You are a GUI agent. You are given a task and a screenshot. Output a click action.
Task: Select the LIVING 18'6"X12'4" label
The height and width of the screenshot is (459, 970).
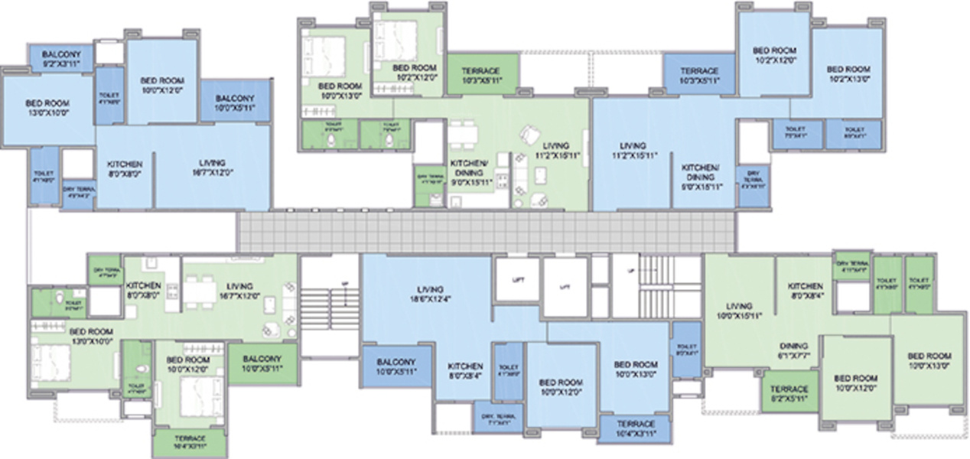[x=429, y=294]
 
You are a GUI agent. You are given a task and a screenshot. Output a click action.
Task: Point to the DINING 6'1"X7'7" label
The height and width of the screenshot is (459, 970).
[x=795, y=350]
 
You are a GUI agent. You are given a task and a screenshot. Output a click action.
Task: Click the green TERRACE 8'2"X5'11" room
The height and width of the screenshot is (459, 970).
[x=789, y=393]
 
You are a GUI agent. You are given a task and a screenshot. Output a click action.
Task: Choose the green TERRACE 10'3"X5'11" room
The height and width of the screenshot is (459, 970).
[x=481, y=75]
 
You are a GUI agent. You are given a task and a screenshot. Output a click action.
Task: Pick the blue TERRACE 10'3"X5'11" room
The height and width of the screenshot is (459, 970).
[x=699, y=75]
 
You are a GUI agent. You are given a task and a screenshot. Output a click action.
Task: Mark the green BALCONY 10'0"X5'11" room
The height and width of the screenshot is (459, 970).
[x=262, y=363]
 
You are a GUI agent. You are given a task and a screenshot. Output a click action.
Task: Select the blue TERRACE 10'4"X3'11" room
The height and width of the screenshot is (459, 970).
[x=636, y=428]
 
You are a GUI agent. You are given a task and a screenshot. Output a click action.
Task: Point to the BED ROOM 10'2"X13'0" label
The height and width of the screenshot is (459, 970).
[x=848, y=73]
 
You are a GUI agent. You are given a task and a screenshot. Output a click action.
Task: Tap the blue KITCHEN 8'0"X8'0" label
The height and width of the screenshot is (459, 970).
[x=124, y=169]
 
